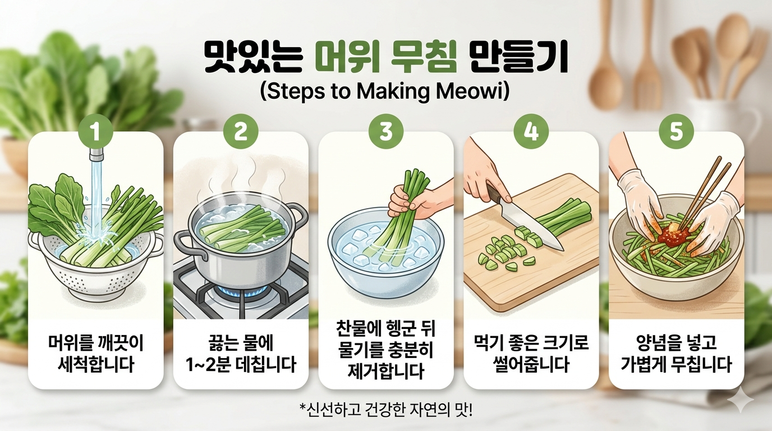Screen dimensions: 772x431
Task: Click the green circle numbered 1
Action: coord(95,132)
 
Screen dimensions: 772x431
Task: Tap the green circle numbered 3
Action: coord(385,132)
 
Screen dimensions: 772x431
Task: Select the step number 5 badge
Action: coord(676,132)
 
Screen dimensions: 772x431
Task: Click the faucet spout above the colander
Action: coord(96,154)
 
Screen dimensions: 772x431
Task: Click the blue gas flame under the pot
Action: coord(241,292)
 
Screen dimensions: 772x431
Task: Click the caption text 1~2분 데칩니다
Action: coord(241,365)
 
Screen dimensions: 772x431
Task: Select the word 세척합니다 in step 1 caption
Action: coord(96,365)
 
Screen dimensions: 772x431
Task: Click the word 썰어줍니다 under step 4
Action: coord(531,365)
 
